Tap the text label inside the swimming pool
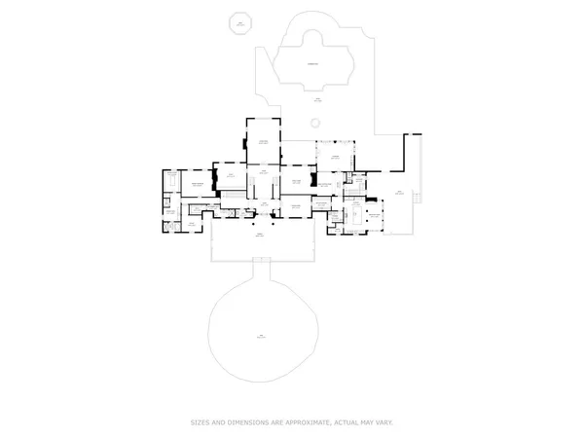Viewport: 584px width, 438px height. pyautogui.click(x=313, y=64)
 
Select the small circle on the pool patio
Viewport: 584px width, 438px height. pyautogui.click(x=314, y=123)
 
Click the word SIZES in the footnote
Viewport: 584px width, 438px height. pyautogui.click(x=201, y=422)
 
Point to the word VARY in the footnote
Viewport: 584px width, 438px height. pyautogui.click(x=384, y=422)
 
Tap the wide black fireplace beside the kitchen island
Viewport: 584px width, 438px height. pyautogui.click(x=312, y=180)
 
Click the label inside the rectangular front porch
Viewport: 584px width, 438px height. pyautogui.click(x=260, y=237)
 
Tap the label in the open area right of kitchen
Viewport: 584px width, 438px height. pyautogui.click(x=397, y=192)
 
